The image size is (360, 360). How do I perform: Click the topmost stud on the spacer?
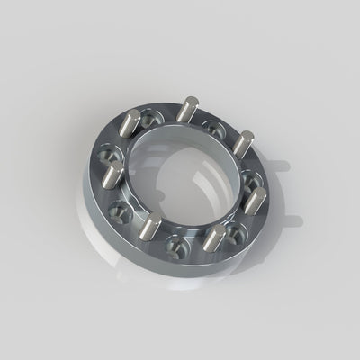[186, 113]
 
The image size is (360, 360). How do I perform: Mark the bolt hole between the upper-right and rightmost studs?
[252, 167]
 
